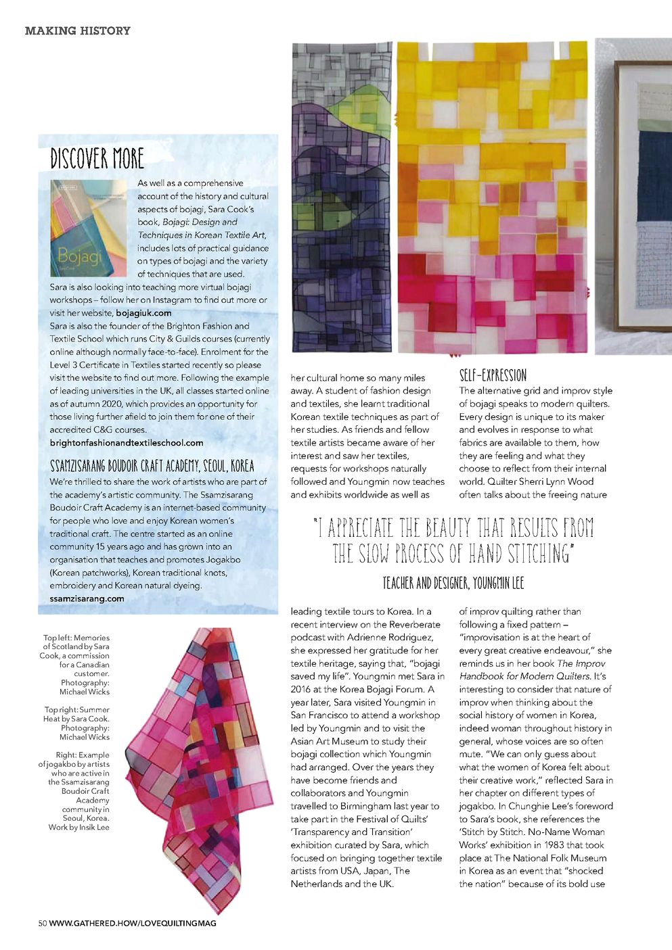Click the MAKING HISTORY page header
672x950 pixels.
click(x=78, y=30)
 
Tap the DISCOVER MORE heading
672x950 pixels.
click(x=97, y=159)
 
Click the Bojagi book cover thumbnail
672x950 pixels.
click(x=88, y=228)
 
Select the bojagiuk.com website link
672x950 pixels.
click(x=143, y=313)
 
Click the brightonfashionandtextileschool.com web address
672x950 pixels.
click(x=127, y=443)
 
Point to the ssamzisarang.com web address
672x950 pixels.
click(x=87, y=598)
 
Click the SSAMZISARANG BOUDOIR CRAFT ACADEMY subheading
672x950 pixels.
click(x=152, y=466)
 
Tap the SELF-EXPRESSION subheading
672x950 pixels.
click(x=493, y=375)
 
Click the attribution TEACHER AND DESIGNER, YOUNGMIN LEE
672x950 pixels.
click(x=453, y=583)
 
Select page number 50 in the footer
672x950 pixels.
click(x=42, y=923)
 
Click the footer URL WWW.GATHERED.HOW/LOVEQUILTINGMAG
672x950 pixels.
click(x=133, y=923)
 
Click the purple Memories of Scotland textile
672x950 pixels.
click(x=342, y=196)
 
